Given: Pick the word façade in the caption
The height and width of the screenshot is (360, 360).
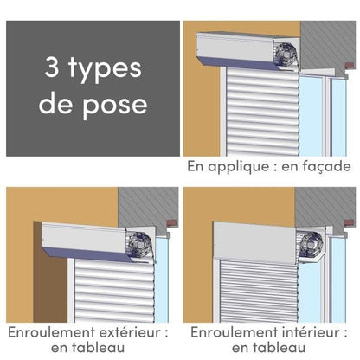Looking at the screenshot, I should tap(325, 166).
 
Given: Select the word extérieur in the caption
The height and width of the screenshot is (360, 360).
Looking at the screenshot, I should tap(132, 331).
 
